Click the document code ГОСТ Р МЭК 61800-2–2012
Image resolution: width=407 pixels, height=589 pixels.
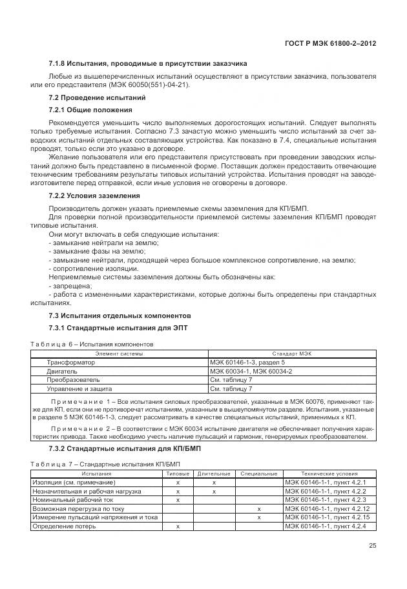click(x=330, y=43)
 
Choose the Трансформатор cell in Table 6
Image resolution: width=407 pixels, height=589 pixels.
click(x=69, y=363)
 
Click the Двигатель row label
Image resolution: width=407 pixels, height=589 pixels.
click(x=62, y=372)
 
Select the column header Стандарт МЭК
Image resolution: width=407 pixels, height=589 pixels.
click(x=291, y=354)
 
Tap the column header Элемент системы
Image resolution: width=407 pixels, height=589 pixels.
click(x=120, y=354)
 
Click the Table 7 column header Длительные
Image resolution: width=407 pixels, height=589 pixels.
click(x=214, y=474)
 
